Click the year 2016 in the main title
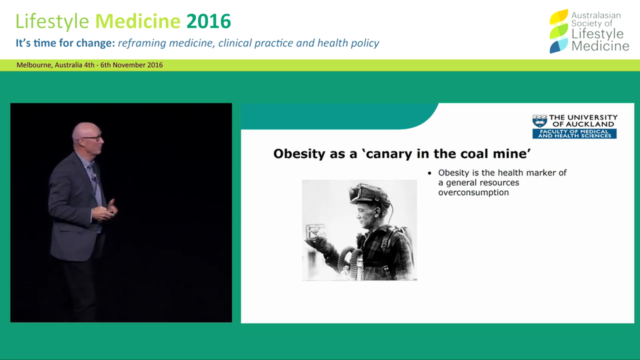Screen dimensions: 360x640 pyautogui.click(x=208, y=21)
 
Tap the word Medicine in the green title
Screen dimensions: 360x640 pyautogui.click(x=137, y=21)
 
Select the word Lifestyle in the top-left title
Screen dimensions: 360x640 pyautogui.click(x=52, y=21)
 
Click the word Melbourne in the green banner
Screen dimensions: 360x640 pyautogui.click(x=32, y=65)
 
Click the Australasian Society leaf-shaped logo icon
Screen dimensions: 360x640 pyautogui.click(x=558, y=31)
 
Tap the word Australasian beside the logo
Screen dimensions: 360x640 pyautogui.click(x=596, y=15)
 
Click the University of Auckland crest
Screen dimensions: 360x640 pyautogui.click(x=539, y=121)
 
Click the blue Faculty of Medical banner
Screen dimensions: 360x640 pyautogui.click(x=574, y=133)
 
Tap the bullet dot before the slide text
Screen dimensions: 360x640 pyautogui.click(x=429, y=173)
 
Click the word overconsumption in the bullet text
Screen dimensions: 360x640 pyautogui.click(x=473, y=192)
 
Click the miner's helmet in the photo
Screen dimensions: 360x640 pyautogui.click(x=370, y=193)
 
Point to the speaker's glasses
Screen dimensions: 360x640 pyautogui.click(x=93, y=137)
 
